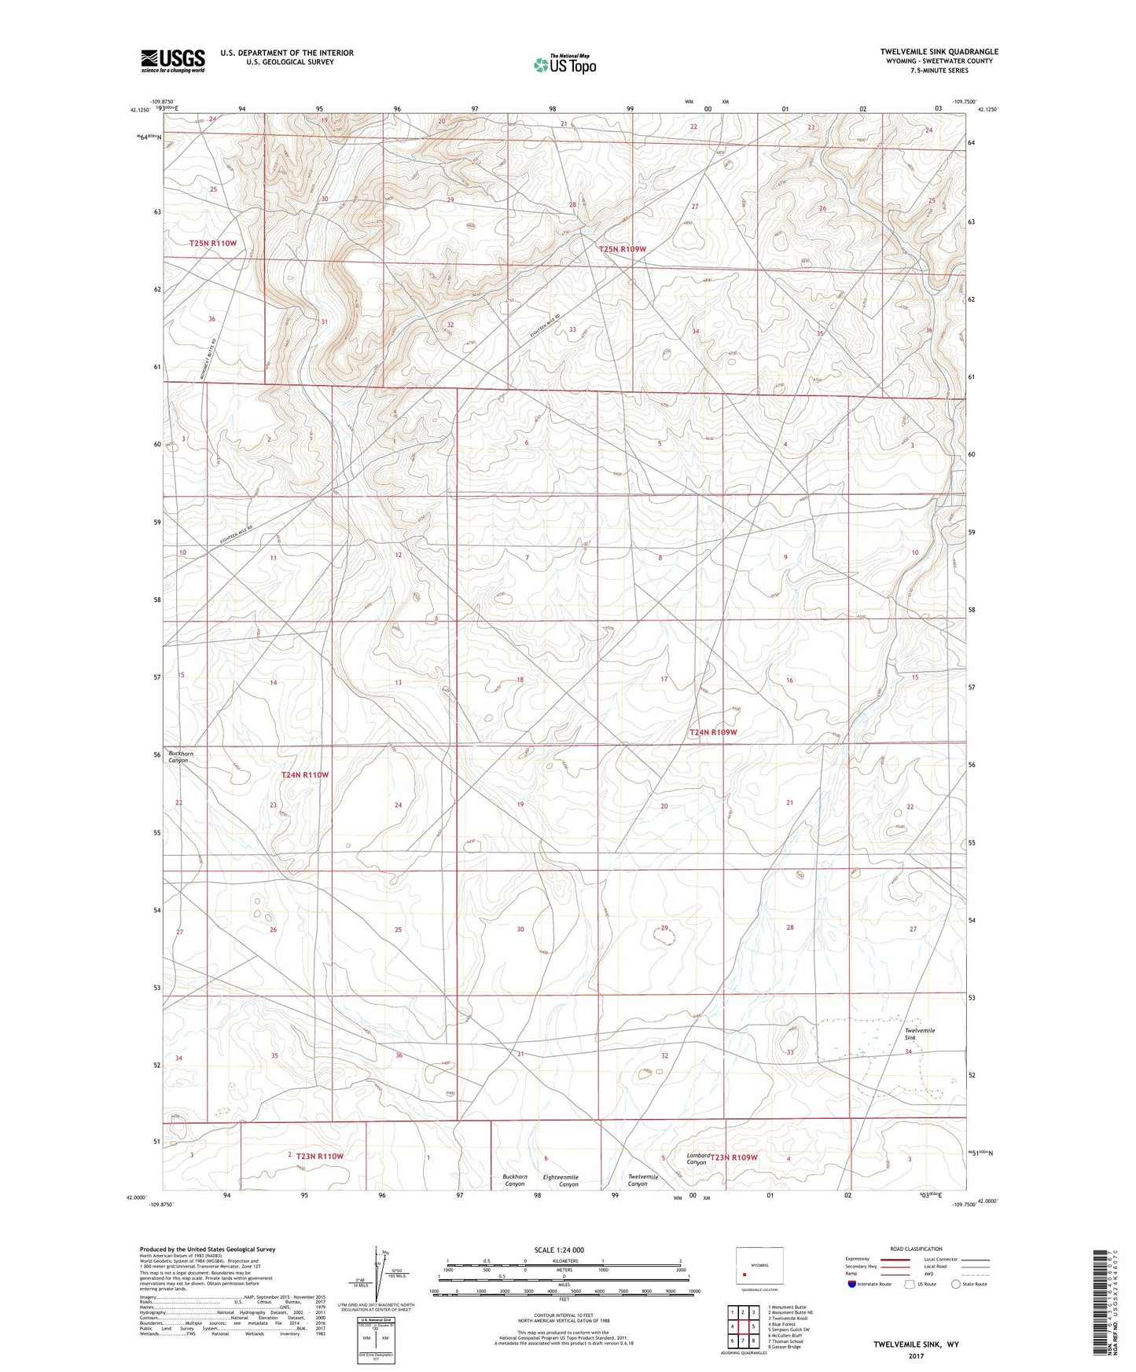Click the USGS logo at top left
(172, 61)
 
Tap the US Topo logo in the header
(564, 64)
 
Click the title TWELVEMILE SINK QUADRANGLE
(939, 52)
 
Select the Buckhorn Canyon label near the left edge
(180, 757)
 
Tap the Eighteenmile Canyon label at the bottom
(561, 1180)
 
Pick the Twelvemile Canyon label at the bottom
(642, 1180)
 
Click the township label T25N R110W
(213, 244)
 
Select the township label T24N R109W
(713, 732)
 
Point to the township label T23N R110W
(320, 1156)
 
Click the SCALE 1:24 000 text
(559, 1249)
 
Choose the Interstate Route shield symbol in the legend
(852, 1284)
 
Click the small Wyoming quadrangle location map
(759, 1267)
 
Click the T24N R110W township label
(305, 775)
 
